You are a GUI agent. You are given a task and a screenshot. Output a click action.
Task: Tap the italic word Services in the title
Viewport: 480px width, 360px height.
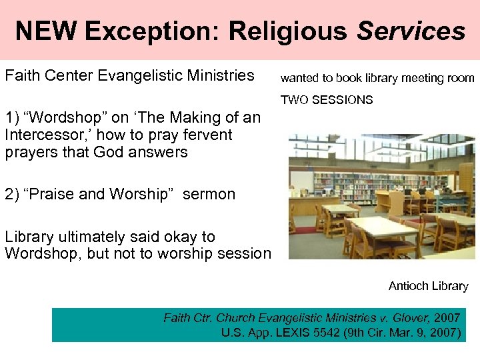click(x=411, y=31)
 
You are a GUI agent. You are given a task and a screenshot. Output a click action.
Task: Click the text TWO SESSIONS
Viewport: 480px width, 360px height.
click(x=327, y=100)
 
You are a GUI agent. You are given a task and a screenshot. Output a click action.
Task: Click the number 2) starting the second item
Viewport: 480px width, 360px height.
click(x=12, y=195)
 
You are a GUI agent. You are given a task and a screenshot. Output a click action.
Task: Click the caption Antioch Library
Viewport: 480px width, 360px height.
click(x=428, y=286)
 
